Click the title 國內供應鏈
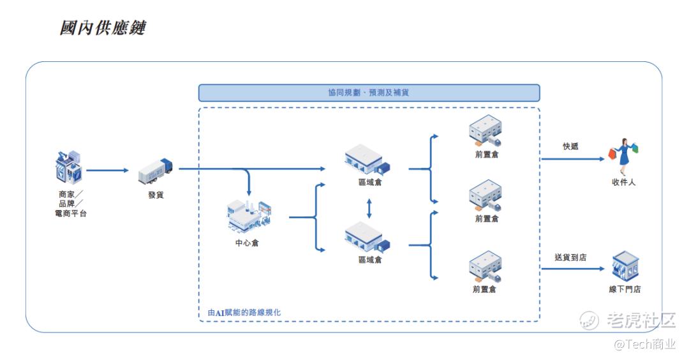coord(102,27)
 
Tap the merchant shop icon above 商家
coord(68,167)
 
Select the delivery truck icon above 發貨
coord(155,171)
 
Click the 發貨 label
coord(156,195)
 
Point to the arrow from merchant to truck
coord(107,170)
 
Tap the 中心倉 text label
coord(247,243)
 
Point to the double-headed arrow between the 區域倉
coord(369,209)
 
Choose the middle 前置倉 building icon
coord(485,195)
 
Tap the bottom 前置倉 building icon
coord(485,266)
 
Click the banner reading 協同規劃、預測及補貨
coord(369,93)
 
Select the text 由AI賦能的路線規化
coord(244,313)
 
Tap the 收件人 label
coord(623,182)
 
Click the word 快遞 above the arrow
coord(571,146)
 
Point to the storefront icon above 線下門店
coord(625,266)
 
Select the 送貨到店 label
coord(570,257)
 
